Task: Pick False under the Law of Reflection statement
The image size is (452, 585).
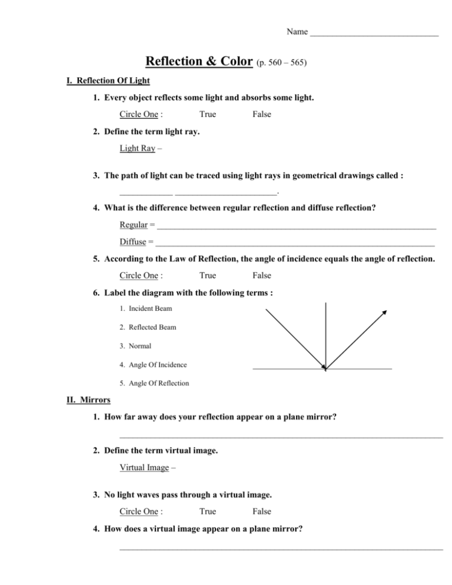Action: tap(261, 275)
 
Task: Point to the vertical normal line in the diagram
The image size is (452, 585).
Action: tap(325, 330)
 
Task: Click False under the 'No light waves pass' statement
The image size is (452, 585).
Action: tap(261, 511)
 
